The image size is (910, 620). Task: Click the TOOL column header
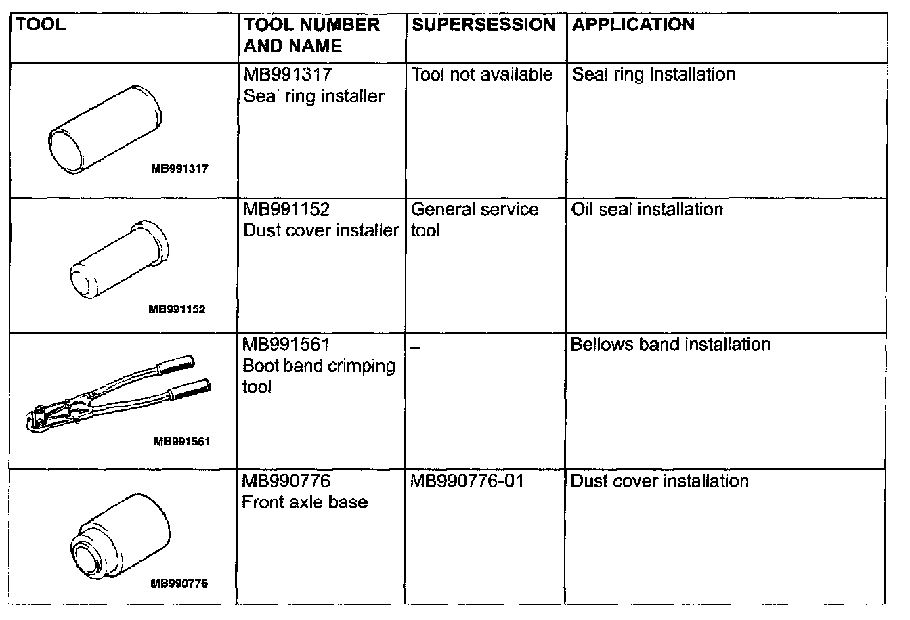(x=40, y=25)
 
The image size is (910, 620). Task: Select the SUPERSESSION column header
(x=483, y=25)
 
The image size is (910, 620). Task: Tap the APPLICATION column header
(x=633, y=25)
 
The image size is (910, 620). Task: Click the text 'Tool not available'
(x=481, y=74)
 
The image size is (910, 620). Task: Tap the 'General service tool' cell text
(x=474, y=219)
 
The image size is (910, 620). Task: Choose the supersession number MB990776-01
(x=467, y=481)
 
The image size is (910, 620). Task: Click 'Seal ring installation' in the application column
(x=653, y=74)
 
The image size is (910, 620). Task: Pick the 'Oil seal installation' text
(x=647, y=209)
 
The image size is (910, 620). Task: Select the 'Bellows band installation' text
(x=670, y=345)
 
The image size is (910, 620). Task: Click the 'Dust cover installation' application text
(x=659, y=481)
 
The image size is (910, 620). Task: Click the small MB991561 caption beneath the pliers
(x=182, y=441)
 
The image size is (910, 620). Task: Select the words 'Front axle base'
(x=305, y=502)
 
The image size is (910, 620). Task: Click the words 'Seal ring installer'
(x=313, y=96)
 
